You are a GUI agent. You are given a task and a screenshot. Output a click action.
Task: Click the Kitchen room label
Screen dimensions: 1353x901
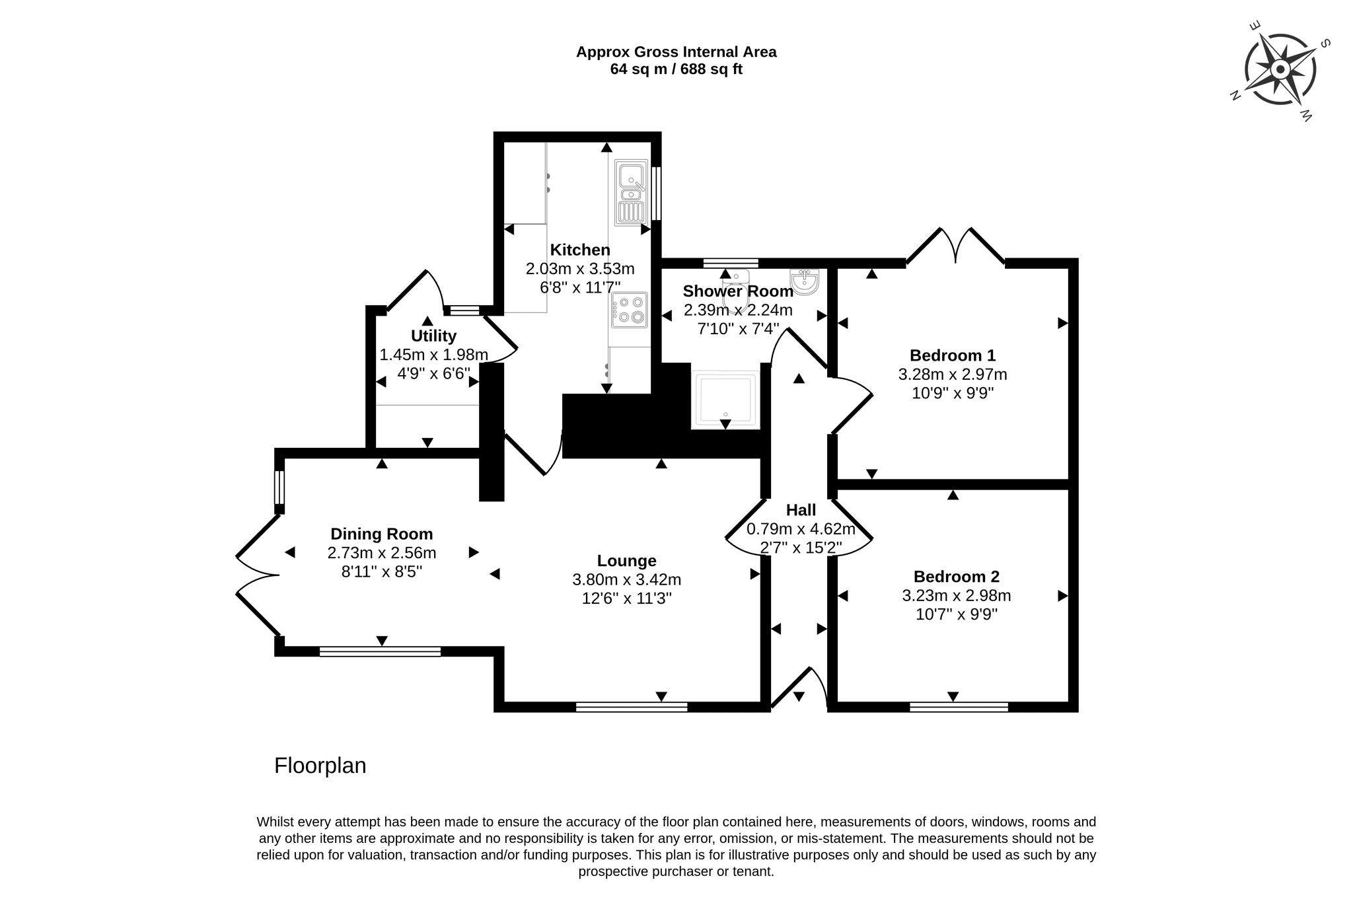[580, 250]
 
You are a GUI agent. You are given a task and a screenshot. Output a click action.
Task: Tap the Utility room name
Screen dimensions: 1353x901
[433, 336]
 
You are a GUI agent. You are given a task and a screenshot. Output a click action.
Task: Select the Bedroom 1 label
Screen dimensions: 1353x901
[952, 355]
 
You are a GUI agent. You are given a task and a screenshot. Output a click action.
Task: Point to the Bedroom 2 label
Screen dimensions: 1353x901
[956, 576]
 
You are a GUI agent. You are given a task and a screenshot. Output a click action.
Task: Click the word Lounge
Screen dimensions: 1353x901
[626, 561]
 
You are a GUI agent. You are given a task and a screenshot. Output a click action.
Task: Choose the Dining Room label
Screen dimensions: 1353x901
[381, 534]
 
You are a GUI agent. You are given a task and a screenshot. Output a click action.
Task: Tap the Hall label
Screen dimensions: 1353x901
[801, 510]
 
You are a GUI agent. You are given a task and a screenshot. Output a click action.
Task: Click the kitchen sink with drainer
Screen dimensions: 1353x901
[631, 192]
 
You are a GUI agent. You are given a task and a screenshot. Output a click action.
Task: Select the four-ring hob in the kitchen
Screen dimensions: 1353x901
[629, 310]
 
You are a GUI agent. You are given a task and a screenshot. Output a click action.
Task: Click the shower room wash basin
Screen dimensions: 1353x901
[805, 281]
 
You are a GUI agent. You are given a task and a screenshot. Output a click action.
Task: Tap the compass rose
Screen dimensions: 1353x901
[1280, 69]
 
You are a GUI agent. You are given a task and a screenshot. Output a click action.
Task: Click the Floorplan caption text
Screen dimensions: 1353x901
[320, 766]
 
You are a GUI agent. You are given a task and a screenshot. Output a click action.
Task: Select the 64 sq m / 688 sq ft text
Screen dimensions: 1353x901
[676, 69]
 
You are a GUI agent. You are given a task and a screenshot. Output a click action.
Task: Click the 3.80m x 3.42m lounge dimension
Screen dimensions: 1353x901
[626, 580]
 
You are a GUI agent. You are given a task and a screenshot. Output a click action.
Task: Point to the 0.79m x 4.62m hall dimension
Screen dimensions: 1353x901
[801, 529]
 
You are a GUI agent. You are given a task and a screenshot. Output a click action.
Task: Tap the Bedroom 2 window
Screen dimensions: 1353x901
[959, 707]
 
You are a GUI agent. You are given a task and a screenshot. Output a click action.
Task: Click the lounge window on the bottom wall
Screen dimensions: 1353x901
[632, 707]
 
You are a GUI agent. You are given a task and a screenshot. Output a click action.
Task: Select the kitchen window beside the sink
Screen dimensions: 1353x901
[656, 193]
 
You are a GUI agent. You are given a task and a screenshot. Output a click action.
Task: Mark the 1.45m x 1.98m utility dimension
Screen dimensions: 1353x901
[433, 355]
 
